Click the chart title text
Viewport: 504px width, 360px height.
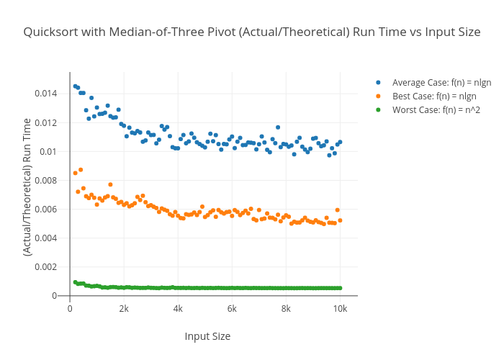252,32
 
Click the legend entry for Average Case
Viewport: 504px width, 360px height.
441,83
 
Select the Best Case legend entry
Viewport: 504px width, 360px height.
434,96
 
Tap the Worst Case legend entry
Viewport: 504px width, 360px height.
436,110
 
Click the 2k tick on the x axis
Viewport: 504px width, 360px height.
124,308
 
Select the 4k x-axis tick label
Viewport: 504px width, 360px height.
178,308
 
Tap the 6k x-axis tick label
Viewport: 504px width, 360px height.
232,308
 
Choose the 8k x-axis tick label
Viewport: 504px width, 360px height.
286,308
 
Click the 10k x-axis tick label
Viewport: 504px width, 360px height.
340,308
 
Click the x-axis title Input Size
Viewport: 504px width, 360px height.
207,336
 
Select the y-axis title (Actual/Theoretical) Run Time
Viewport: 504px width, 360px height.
27,187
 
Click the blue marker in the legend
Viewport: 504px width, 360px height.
378,83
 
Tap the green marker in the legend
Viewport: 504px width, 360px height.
378,110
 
